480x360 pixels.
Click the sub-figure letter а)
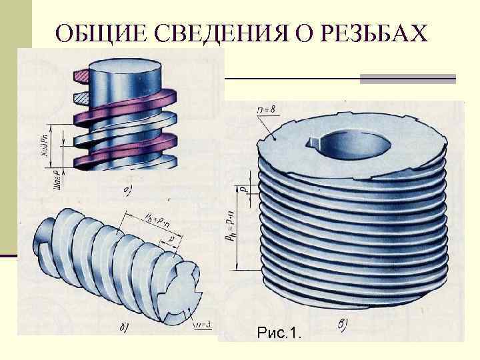click(128, 193)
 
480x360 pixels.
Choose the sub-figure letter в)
click(341, 325)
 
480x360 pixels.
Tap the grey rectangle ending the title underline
click(407, 79)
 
